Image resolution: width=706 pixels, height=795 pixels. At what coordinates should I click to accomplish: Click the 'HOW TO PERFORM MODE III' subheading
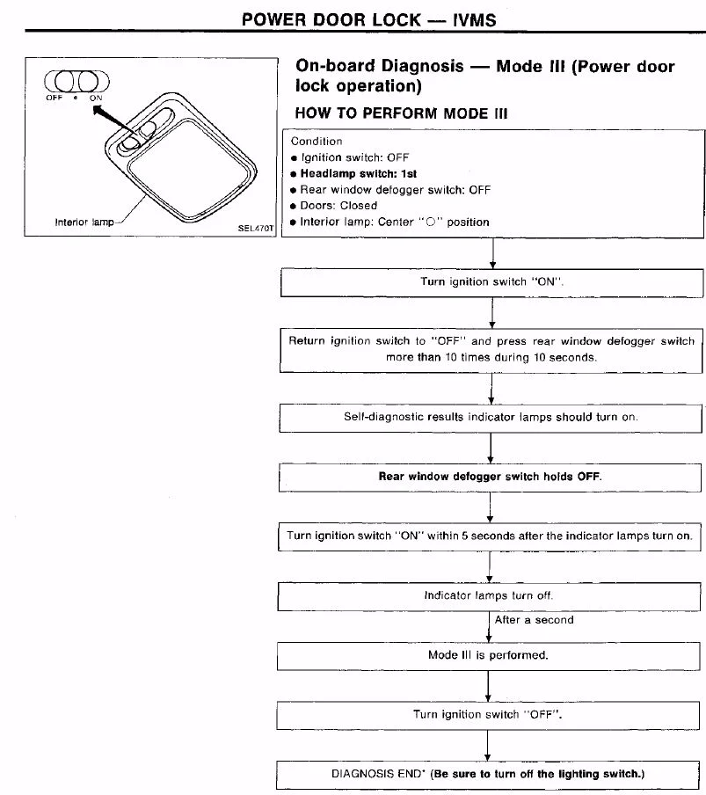401,113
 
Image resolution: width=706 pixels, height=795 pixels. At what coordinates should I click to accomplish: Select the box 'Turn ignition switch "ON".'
491,283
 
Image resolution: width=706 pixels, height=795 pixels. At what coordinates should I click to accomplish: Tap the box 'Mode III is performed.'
488,655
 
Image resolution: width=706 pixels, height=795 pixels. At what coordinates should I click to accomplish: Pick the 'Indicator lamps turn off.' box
489,595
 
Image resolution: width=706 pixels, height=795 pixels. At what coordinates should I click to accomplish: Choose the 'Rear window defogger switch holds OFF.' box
490,476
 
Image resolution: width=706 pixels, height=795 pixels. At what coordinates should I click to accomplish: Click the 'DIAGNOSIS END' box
488,774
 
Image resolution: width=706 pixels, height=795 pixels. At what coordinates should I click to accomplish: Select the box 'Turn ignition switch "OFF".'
488,714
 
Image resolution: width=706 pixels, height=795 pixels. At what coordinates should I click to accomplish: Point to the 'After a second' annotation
534,620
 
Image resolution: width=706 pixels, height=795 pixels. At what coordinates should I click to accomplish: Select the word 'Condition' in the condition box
317,141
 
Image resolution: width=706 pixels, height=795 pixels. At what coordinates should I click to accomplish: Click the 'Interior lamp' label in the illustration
84,222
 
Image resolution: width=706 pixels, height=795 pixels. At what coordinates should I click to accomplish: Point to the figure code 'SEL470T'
256,229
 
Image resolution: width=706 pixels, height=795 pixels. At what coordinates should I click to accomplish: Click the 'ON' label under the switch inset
95,98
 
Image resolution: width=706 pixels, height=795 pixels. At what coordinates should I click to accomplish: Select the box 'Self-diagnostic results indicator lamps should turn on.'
490,417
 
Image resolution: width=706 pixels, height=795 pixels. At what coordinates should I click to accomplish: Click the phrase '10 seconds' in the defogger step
568,358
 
